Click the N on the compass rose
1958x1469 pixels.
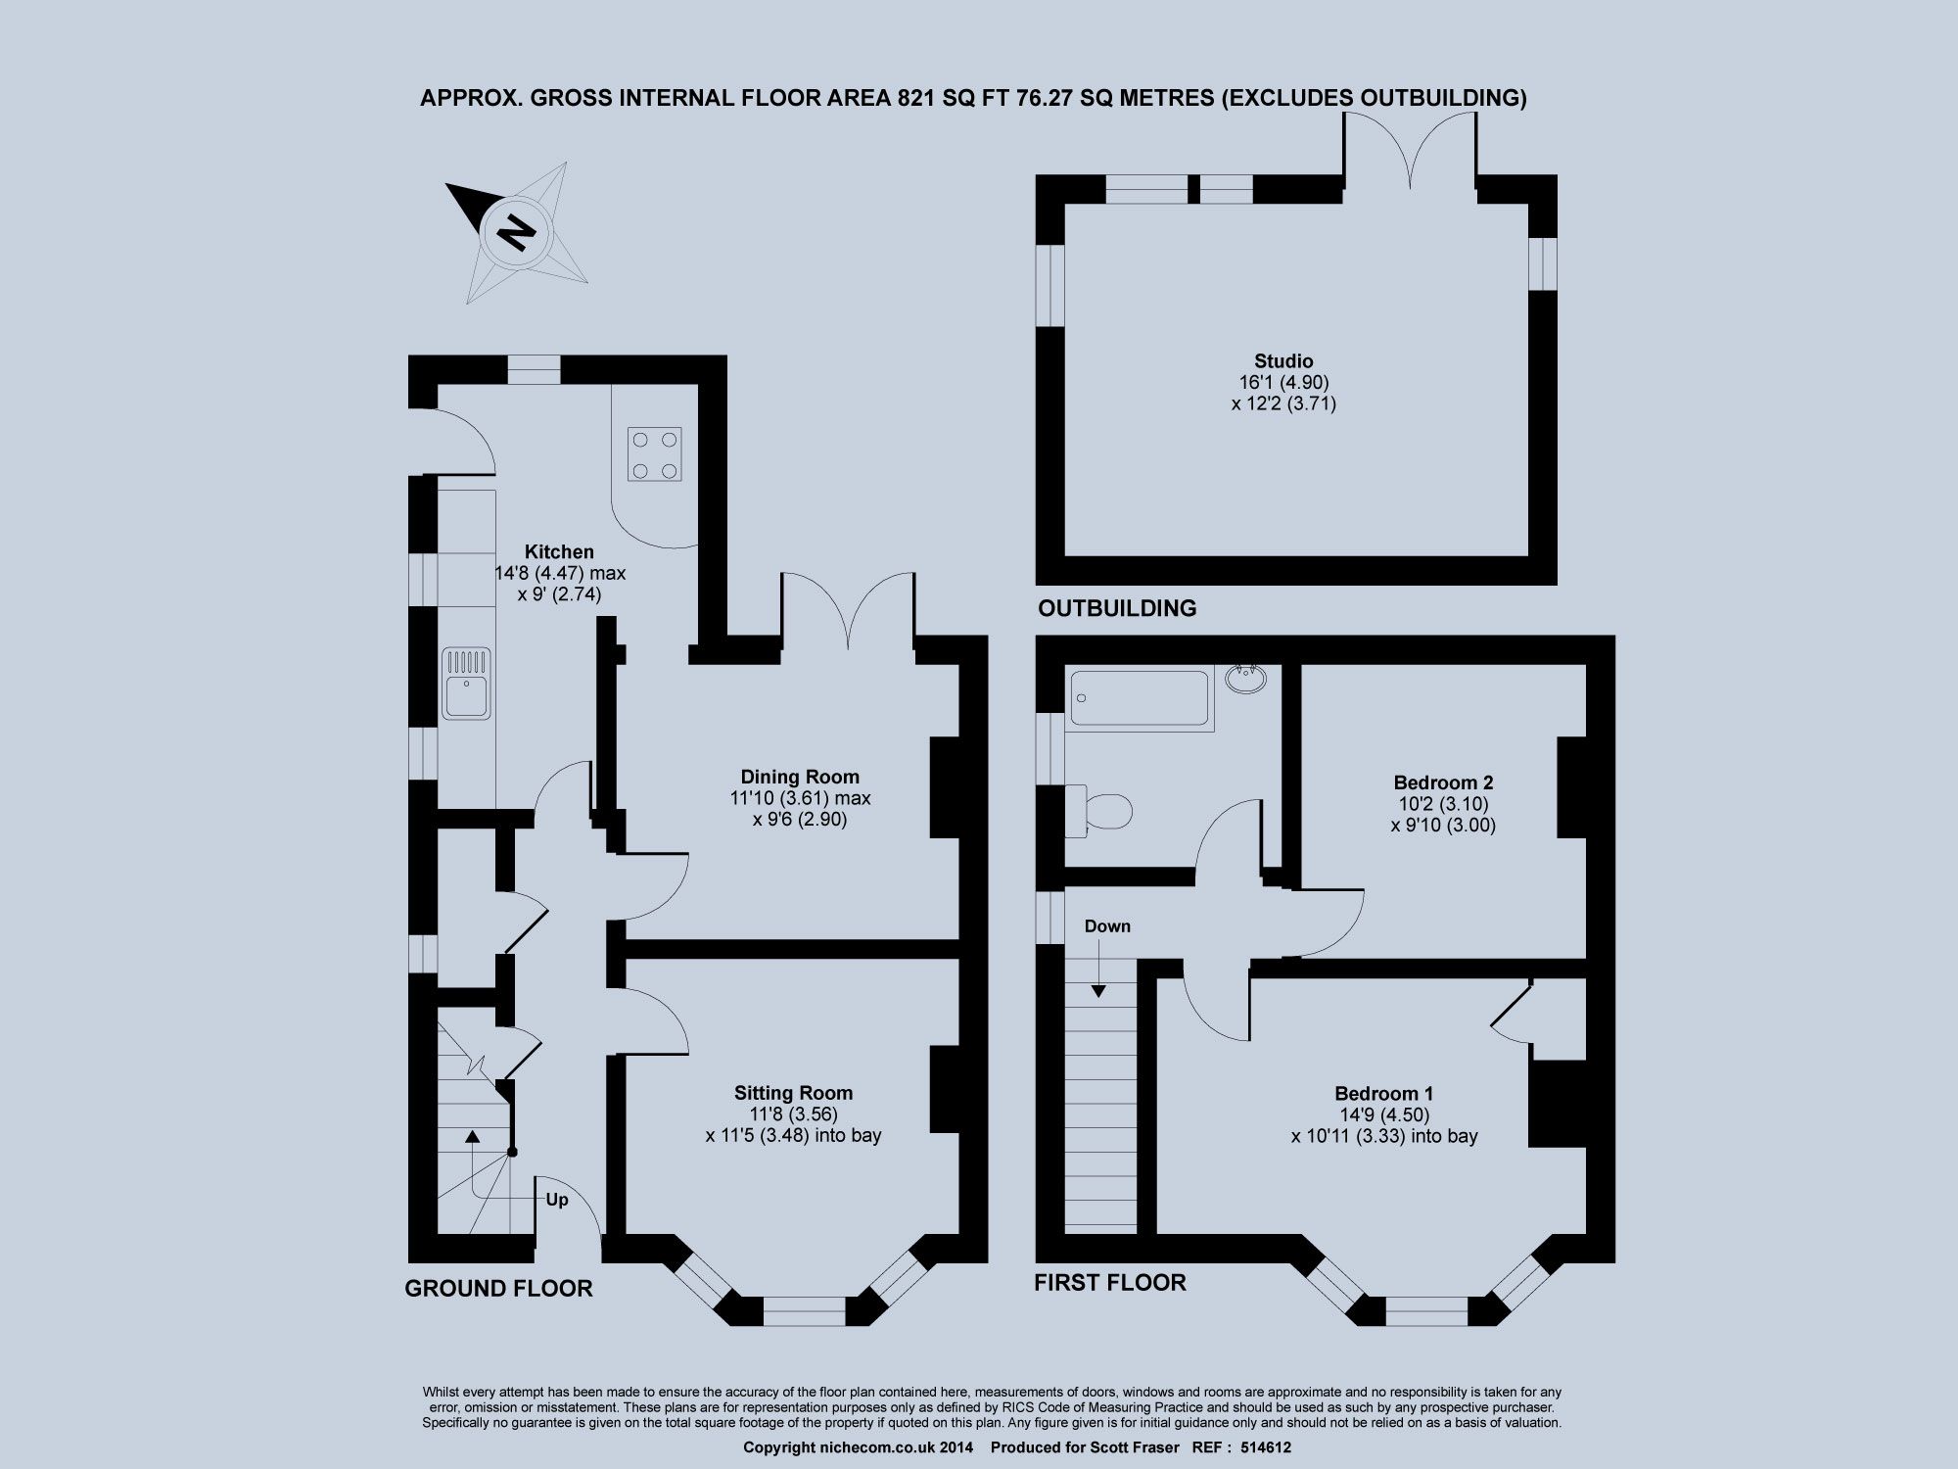[516, 233]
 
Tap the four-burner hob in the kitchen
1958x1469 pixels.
[655, 454]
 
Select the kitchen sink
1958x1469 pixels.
[466, 683]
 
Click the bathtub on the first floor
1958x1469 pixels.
[1139, 698]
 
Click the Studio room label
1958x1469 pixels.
[1282, 360]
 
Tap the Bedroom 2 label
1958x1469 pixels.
[1443, 782]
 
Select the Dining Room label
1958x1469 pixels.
[799, 778]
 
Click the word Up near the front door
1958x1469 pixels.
[556, 1200]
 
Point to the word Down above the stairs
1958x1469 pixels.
[1106, 926]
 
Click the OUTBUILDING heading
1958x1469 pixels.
[1116, 608]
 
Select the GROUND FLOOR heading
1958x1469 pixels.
[498, 1289]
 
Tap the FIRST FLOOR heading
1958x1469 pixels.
[1109, 1283]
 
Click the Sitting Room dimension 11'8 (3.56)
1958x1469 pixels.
[793, 1114]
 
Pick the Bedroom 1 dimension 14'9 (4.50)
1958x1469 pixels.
[1383, 1114]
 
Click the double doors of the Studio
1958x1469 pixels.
[1410, 157]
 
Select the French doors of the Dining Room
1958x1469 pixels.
[849, 617]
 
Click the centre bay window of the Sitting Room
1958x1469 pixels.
[804, 1309]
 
